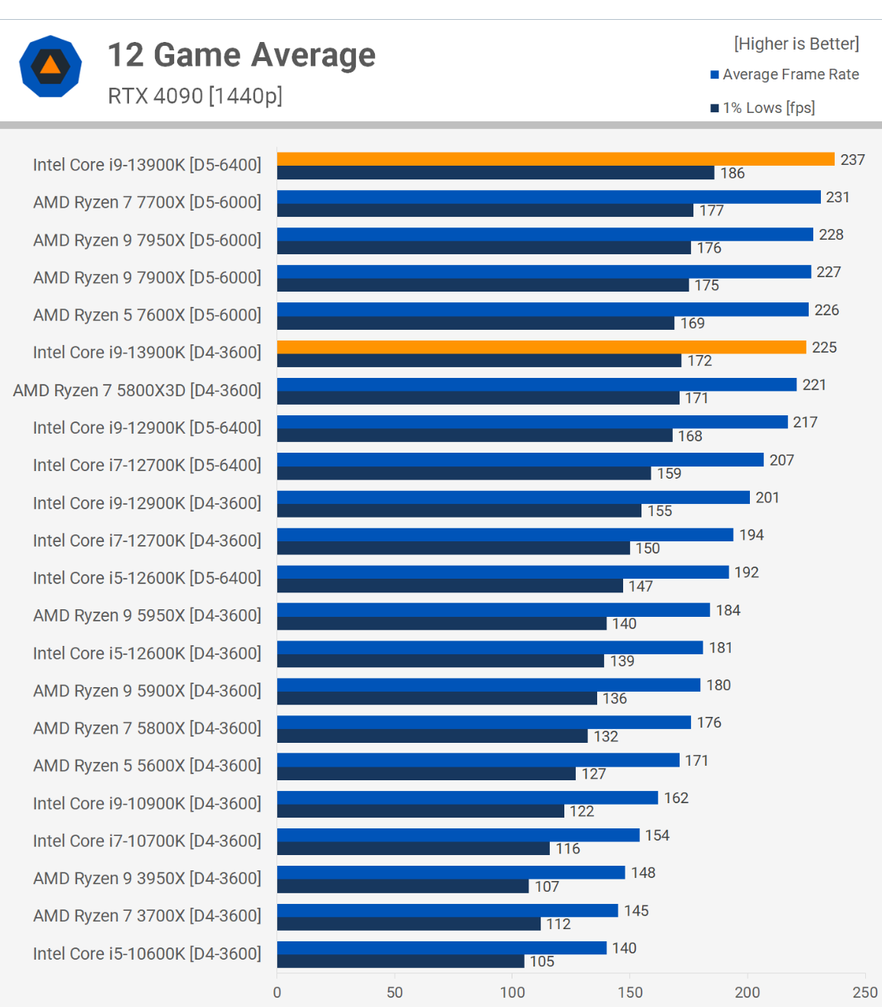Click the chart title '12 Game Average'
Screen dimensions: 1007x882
241,55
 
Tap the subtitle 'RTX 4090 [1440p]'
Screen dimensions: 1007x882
195,96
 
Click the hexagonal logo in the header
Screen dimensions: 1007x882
50,66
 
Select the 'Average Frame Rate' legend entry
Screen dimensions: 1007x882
790,74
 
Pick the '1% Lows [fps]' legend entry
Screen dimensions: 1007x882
768,108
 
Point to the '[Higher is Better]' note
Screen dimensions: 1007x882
796,44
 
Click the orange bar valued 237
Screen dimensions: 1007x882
555,159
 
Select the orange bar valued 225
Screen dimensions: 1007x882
541,347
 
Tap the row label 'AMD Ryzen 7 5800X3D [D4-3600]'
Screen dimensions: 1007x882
137,390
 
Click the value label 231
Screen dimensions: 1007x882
838,197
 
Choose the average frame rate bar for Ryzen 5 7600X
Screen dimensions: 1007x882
542,309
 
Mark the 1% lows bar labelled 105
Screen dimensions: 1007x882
400,961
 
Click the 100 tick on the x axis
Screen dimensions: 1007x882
512,992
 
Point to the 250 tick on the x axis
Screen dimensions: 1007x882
865,992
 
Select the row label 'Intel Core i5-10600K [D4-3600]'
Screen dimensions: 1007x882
147,954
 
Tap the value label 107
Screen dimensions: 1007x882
547,886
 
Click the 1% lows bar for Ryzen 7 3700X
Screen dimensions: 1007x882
409,924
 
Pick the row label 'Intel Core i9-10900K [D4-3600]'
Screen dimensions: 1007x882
147,803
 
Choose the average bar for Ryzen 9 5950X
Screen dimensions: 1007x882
493,610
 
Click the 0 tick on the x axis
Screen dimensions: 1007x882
277,992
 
